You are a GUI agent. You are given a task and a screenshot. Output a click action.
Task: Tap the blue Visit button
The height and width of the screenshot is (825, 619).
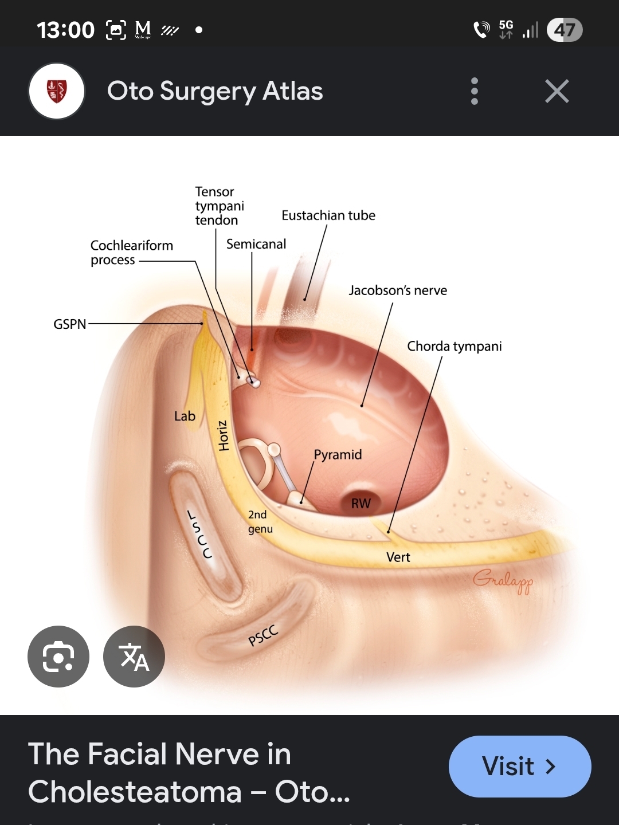519,766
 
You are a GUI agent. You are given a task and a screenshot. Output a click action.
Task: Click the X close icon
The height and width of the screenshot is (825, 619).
557,92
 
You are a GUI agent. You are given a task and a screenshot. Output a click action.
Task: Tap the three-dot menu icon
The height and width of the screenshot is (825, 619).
474,92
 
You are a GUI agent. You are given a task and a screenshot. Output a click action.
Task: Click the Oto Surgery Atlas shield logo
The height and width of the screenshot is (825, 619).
57,92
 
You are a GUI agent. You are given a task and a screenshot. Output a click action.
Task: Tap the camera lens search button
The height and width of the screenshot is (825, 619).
58,657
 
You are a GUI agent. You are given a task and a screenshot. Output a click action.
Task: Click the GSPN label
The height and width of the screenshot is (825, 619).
69,324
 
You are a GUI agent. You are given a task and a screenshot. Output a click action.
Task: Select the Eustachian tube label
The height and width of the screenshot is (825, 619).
328,215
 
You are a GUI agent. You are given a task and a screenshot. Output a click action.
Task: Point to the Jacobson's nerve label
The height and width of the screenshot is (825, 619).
398,290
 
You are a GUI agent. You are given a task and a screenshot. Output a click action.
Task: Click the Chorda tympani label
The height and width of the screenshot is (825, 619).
454,346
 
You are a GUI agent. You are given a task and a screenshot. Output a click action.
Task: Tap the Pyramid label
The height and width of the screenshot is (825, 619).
338,454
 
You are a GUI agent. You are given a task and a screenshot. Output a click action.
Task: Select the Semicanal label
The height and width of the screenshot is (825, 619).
256,244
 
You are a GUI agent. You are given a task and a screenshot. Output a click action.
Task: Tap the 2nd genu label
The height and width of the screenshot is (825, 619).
260,521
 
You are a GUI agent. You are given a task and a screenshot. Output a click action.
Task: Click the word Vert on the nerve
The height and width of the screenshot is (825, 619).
398,557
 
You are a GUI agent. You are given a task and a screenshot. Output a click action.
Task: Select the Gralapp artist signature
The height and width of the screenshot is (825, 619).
503,581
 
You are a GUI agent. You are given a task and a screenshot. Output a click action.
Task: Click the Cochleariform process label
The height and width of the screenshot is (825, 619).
131,253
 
